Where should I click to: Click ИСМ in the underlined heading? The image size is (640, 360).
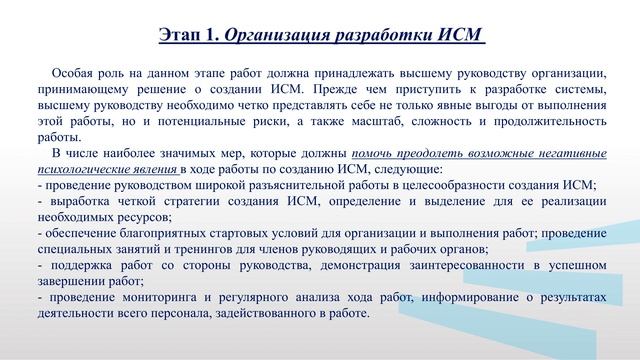click(457, 36)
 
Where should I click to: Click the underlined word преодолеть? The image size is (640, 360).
click(417, 153)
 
